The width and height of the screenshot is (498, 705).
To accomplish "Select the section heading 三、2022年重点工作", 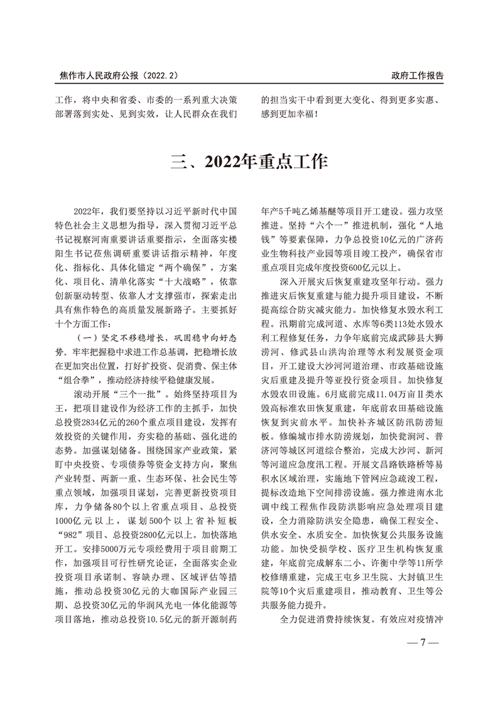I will (249, 162).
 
